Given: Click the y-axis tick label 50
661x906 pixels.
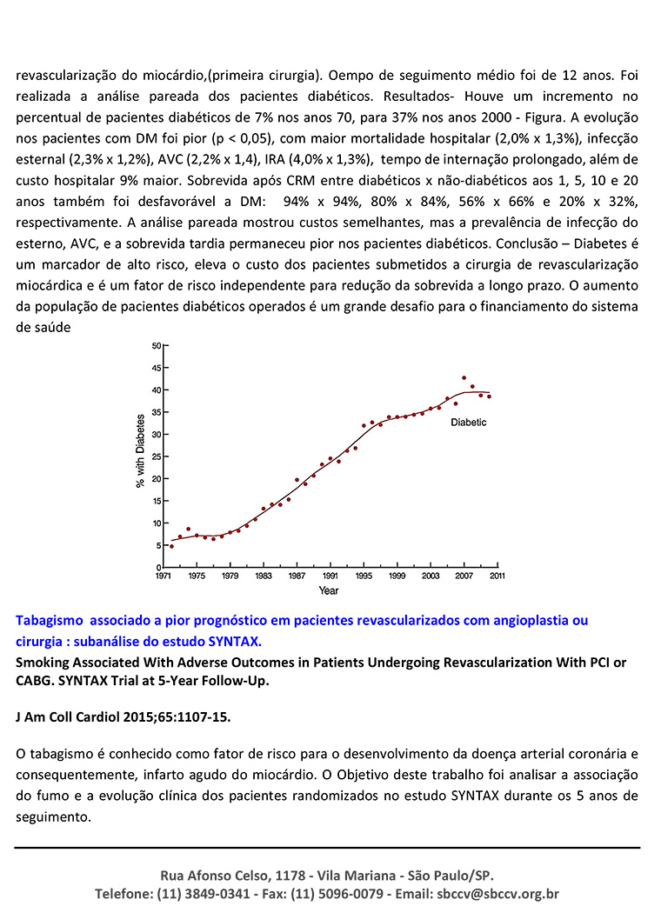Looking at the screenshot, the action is coord(157,346).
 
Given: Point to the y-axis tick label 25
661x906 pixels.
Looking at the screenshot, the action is coord(157,457).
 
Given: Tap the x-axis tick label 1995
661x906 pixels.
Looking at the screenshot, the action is coord(364,576).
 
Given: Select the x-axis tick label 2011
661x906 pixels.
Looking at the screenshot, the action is coord(497,576).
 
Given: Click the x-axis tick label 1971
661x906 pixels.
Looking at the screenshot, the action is coord(164,576).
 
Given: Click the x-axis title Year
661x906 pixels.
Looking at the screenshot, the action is coord(328,590).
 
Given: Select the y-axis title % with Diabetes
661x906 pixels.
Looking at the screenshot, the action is coord(140,450).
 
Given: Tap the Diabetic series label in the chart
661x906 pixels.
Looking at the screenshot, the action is coord(469,423).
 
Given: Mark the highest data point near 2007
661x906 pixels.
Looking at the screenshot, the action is coord(464,378).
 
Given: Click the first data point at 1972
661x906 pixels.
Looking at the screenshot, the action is coord(171,546).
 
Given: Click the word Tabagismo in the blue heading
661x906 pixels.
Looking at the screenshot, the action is coord(50,621).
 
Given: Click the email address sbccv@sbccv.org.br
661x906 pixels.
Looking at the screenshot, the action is coord(498,893).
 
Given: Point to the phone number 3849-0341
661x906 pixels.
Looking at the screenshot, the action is coord(219,893).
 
